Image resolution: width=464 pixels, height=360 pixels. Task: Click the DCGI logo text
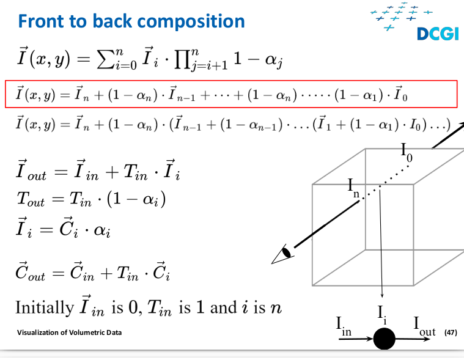click(x=438, y=34)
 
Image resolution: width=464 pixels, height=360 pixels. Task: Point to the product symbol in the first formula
click(x=182, y=61)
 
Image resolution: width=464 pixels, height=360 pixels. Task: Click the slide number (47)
click(x=451, y=332)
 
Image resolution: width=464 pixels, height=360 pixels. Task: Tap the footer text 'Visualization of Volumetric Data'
click(x=69, y=332)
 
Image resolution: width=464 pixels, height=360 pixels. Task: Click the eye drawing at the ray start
click(x=282, y=254)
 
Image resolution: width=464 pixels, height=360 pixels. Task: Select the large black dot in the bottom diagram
click(x=384, y=339)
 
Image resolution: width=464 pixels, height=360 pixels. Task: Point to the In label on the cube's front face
click(x=353, y=188)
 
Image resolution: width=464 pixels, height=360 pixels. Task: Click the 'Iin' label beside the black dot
click(x=344, y=326)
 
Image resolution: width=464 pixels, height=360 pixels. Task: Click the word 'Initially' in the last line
click(x=45, y=307)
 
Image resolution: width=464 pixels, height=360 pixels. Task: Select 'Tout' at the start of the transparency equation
click(x=31, y=199)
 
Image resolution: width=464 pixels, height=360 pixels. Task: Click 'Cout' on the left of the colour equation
click(x=30, y=271)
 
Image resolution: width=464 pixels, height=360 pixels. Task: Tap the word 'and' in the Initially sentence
click(x=223, y=307)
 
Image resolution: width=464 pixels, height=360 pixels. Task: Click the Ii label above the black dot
click(x=382, y=315)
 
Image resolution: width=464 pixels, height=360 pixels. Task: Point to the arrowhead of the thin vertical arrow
click(x=382, y=295)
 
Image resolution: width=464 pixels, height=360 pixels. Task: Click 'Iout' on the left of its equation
click(x=31, y=171)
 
